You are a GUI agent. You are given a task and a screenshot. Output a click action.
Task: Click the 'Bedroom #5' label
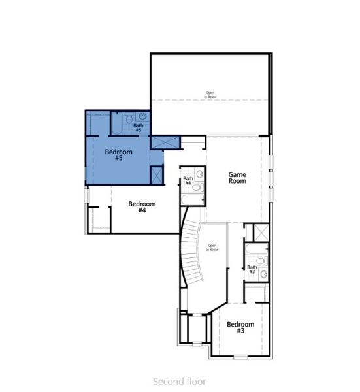tap(118, 155)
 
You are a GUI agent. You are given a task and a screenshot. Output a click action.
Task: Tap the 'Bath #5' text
tap(139, 128)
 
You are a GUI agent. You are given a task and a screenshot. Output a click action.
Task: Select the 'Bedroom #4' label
tap(142, 208)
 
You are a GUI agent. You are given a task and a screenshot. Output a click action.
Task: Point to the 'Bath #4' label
tap(188, 181)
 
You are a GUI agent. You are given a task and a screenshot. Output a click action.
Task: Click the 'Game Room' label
tap(237, 178)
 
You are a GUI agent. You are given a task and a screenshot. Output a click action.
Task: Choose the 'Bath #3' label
tap(252, 269)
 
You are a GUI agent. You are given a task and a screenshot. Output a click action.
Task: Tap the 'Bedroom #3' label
tap(240, 327)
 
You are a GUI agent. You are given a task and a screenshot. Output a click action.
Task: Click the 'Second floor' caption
tap(180, 380)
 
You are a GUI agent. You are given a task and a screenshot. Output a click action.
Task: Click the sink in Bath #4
tap(200, 174)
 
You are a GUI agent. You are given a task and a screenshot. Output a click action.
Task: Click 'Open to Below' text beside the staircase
tap(212, 248)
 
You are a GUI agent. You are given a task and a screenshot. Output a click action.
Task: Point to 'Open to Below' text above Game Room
tap(210, 95)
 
